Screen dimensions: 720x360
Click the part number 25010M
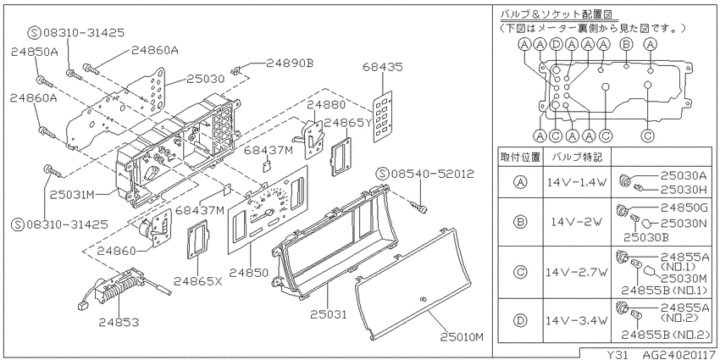tap(462, 337)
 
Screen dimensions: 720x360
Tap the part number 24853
tap(119, 323)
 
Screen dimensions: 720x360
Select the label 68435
tap(383, 67)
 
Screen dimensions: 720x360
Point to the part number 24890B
tap(290, 64)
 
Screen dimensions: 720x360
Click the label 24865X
tap(198, 280)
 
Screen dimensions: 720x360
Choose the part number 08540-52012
tap(424, 174)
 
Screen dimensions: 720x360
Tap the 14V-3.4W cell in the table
tap(576, 320)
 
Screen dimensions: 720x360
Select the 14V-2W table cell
tap(576, 222)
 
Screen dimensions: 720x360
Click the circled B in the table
tap(520, 222)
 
